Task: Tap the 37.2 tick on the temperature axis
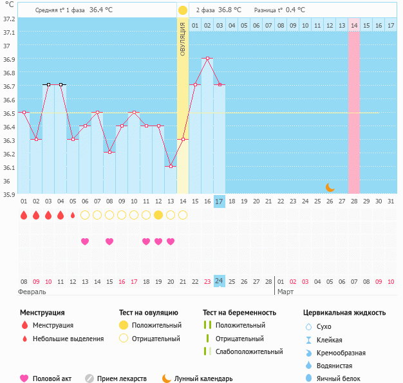(8, 19)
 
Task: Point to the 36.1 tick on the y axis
(8, 167)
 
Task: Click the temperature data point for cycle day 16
(207, 59)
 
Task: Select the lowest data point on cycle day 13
(171, 167)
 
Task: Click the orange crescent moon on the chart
(330, 187)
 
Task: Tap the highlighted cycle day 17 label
(220, 201)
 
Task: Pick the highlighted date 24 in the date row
(220, 281)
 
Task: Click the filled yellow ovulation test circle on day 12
(158, 215)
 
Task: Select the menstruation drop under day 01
(24, 215)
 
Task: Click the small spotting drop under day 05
(73, 215)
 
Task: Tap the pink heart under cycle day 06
(85, 241)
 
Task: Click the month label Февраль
(32, 292)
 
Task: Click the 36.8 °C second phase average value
(230, 10)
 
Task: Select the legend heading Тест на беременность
(239, 312)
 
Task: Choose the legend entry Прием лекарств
(122, 378)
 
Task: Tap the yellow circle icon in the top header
(183, 10)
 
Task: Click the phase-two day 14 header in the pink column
(354, 25)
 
